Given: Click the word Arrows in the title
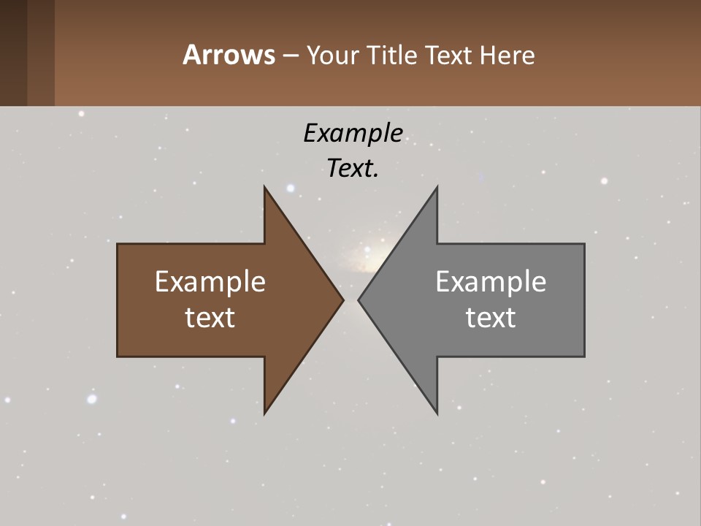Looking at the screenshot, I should pyautogui.click(x=228, y=55).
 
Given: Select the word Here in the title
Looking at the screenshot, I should pyautogui.click(x=507, y=55).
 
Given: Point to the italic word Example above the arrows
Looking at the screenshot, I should pyautogui.click(x=353, y=133).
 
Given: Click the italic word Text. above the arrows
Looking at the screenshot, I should pyautogui.click(x=353, y=168).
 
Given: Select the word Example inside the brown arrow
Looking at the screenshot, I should pyautogui.click(x=210, y=282).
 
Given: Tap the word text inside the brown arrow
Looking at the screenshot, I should pyautogui.click(x=210, y=318).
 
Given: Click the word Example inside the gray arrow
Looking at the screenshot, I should pyautogui.click(x=491, y=282).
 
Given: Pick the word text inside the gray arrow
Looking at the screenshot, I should pyautogui.click(x=491, y=318).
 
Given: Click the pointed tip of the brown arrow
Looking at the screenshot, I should pyautogui.click(x=342, y=300).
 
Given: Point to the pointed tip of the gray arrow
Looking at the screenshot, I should pyautogui.click(x=359, y=300).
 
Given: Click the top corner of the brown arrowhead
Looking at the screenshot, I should pyautogui.click(x=265, y=188).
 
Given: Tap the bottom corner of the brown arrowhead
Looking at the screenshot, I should pyautogui.click(x=265, y=413).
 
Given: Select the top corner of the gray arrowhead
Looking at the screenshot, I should pyautogui.click(x=437, y=188).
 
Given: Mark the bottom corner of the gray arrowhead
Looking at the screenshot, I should pyautogui.click(x=437, y=413).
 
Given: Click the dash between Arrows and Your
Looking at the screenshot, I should pyautogui.click(x=289, y=56).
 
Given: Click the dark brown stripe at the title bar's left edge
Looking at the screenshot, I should pyautogui.click(x=13, y=53).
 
